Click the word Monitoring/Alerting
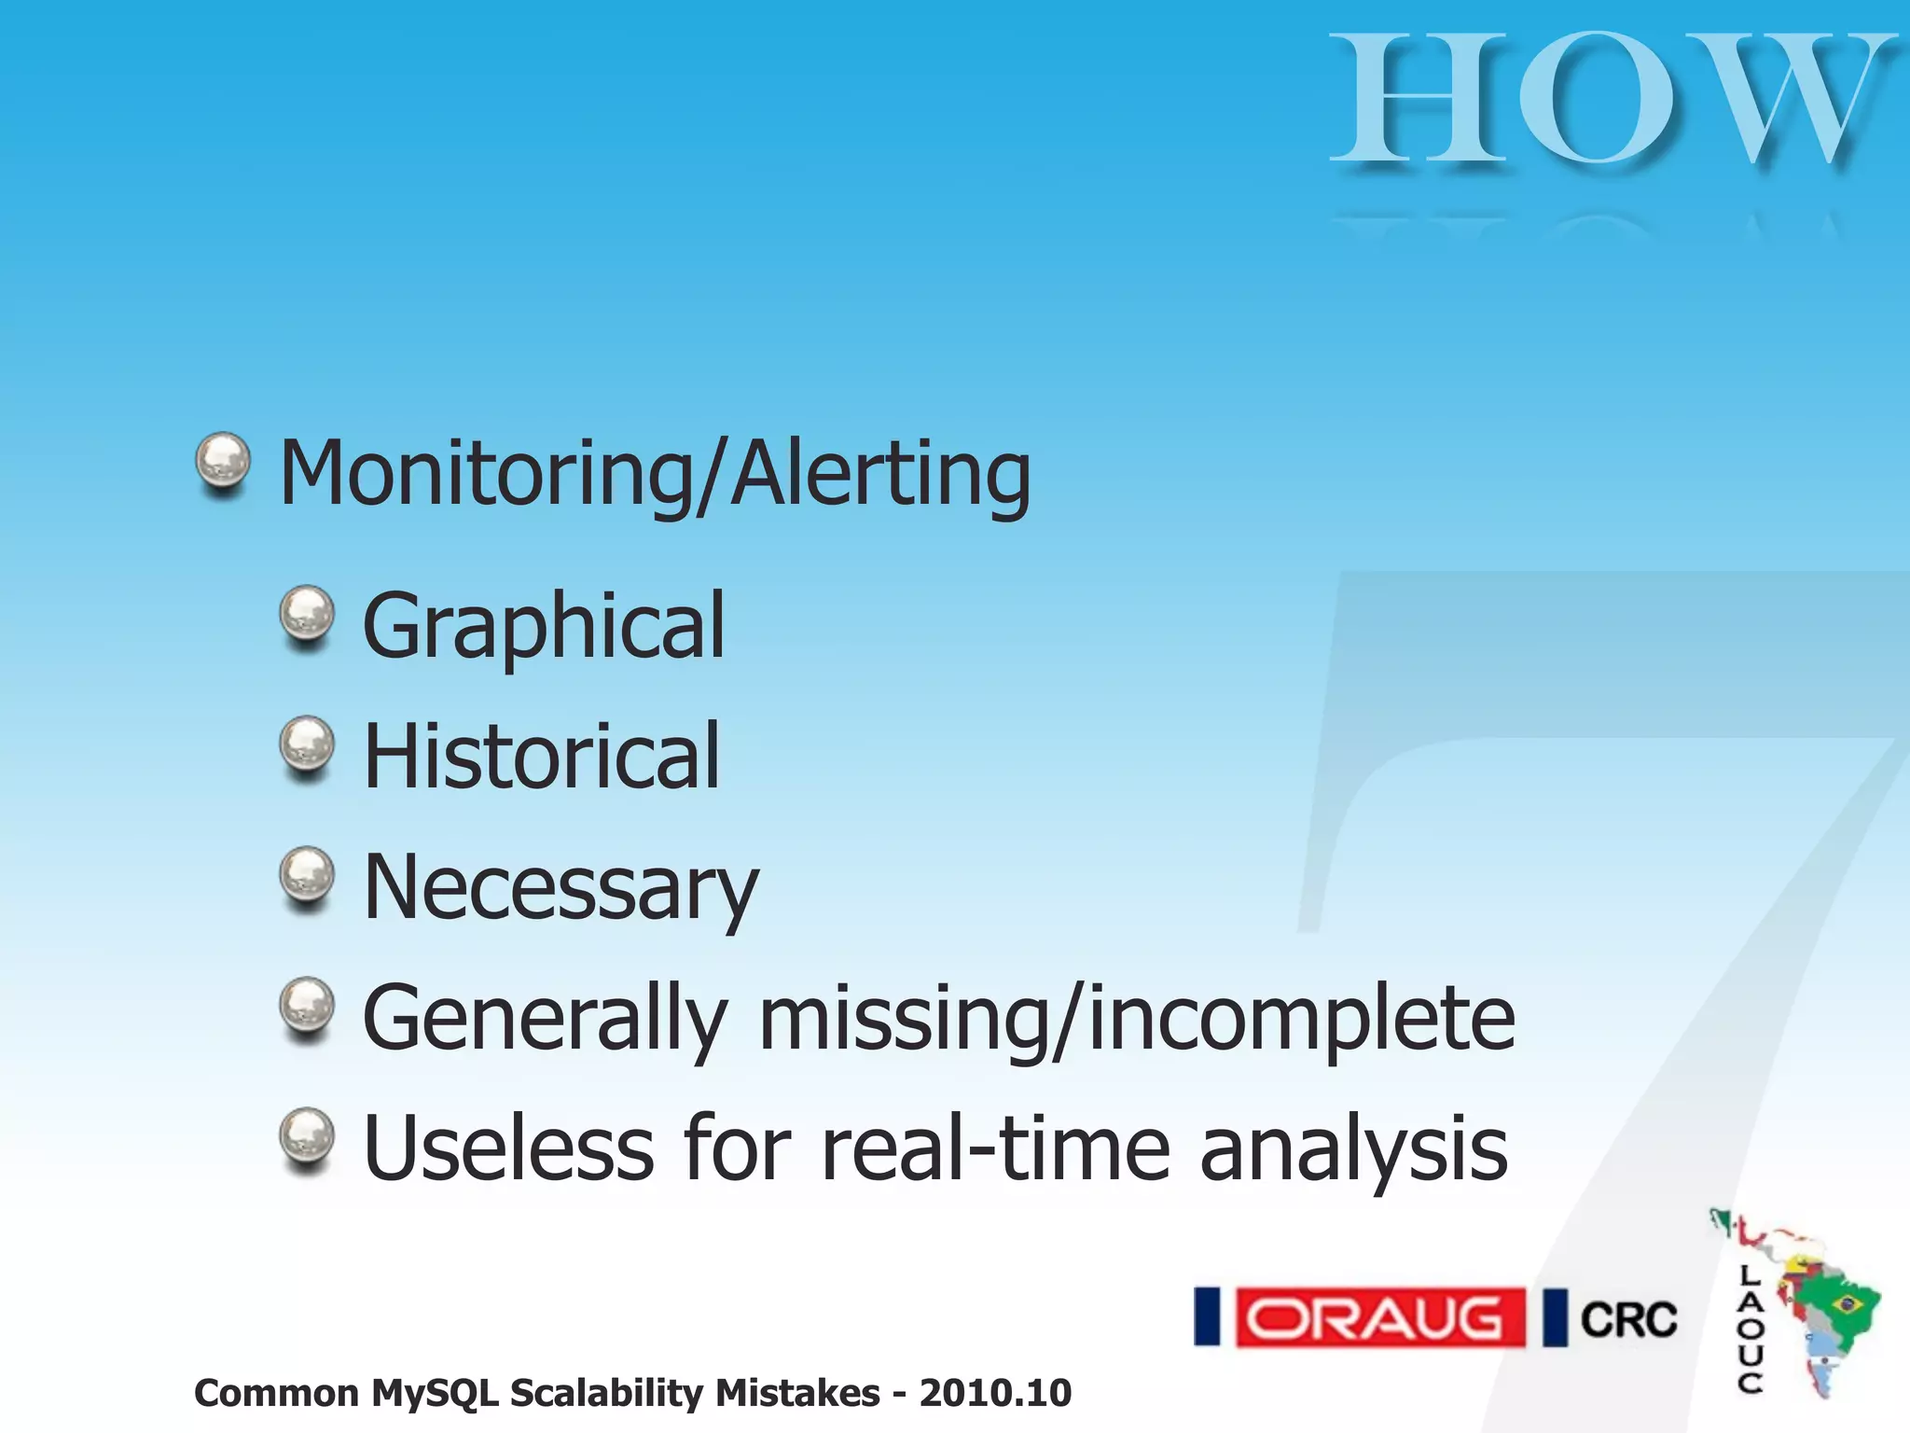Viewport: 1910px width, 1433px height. [x=655, y=474]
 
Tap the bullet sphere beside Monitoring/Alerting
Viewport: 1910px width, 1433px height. [x=223, y=463]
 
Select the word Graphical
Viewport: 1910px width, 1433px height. [x=543, y=625]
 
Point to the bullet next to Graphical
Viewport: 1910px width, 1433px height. [x=307, y=616]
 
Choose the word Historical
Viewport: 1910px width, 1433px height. [x=541, y=756]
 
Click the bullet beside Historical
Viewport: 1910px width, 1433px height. [x=307, y=746]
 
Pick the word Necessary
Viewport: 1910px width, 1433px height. [x=560, y=888]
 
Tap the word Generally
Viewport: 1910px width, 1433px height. [x=544, y=1019]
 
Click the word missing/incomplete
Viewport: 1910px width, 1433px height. [x=1137, y=1019]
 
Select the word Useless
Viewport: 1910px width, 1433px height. [x=508, y=1148]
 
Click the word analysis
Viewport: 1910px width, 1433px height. [x=1353, y=1150]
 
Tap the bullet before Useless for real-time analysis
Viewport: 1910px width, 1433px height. [x=307, y=1138]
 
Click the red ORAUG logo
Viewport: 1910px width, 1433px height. [x=1379, y=1317]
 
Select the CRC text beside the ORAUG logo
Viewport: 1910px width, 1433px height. [x=1628, y=1319]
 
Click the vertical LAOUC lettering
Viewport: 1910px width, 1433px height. [x=1750, y=1329]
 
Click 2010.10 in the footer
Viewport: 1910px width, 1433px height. [x=995, y=1393]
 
